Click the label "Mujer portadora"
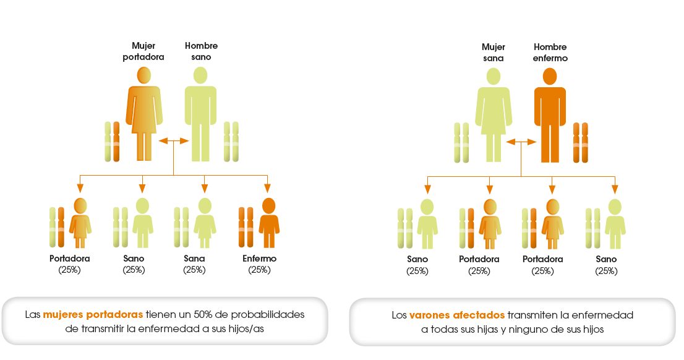coord(143,51)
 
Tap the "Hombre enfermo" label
coord(550,53)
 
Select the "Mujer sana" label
coord(494,53)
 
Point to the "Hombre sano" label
coord(201,51)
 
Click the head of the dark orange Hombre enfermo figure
coord(550,77)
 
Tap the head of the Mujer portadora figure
coord(143,75)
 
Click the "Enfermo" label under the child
coord(260,259)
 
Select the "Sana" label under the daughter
coord(194,259)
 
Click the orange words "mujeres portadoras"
coord(93,314)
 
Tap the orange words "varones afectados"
coord(457,315)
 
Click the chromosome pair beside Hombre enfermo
coord(581,142)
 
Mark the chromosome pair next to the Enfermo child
coord(246,228)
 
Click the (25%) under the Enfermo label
coord(260,270)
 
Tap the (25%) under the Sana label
coord(194,270)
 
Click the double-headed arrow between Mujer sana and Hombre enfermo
coord(521,142)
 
